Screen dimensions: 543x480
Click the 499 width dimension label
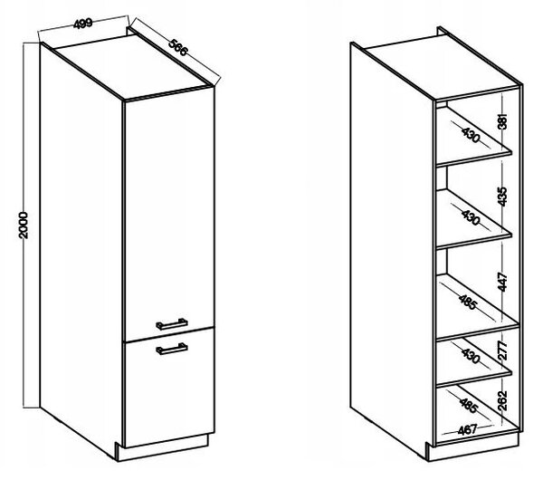point(83,24)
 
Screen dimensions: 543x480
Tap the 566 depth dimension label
point(178,47)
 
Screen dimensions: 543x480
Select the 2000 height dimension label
point(23,226)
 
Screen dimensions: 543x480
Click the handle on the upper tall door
point(172,324)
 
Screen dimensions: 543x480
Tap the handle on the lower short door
point(172,349)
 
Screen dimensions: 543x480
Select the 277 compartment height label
point(503,350)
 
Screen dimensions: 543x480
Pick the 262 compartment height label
point(503,400)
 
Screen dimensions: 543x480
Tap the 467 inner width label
point(467,430)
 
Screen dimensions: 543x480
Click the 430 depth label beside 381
point(471,134)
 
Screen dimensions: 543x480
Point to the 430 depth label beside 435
point(471,216)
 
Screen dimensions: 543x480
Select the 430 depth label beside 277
point(471,355)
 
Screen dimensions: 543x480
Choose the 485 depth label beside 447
point(468,302)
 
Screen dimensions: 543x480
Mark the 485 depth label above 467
point(469,405)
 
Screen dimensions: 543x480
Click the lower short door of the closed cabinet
point(169,388)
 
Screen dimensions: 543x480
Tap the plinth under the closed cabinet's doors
point(164,448)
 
